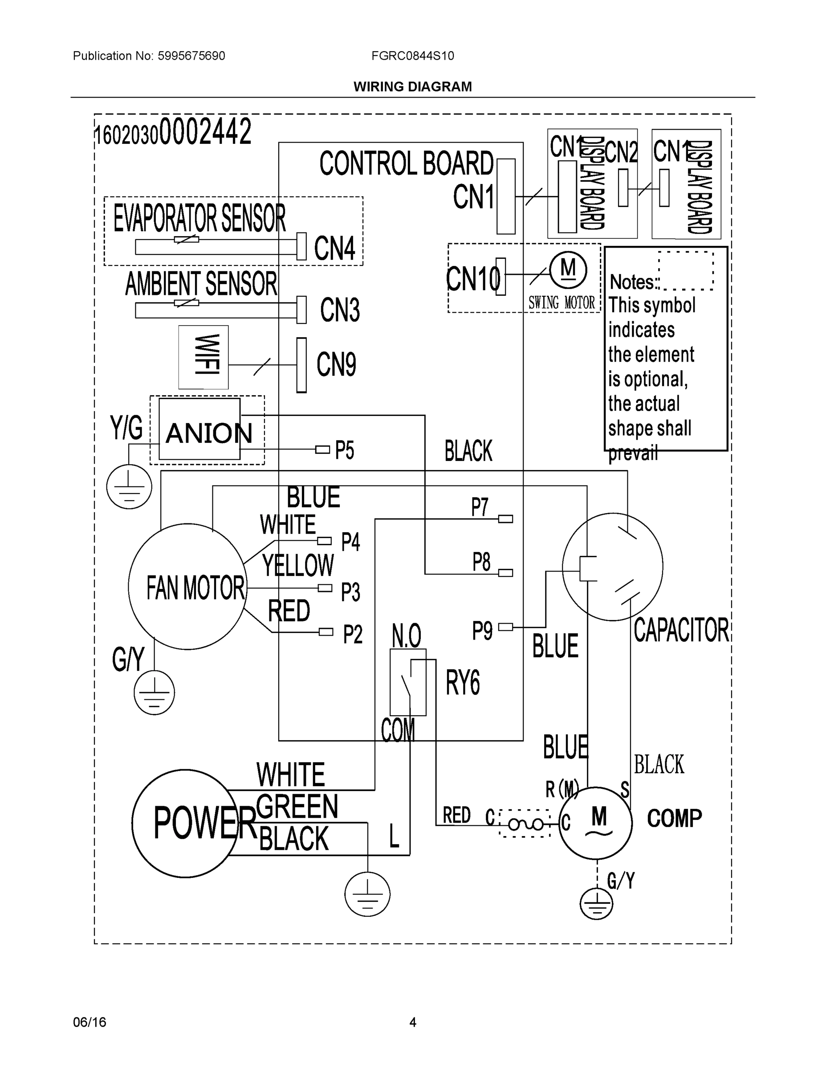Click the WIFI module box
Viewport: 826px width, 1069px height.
(x=203, y=357)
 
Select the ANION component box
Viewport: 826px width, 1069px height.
(x=199, y=429)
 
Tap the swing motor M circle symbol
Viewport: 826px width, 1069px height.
(x=568, y=269)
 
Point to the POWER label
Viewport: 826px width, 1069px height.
(x=204, y=823)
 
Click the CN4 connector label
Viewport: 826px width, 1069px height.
(x=335, y=248)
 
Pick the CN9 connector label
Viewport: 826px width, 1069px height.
(x=336, y=364)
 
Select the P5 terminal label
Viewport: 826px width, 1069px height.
(x=345, y=450)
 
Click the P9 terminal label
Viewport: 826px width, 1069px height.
(x=482, y=631)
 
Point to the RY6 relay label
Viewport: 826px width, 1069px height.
(x=462, y=682)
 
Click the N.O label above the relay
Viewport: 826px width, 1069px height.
(x=406, y=636)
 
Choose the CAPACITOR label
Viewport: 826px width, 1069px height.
(x=681, y=630)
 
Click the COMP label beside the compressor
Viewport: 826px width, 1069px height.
(x=674, y=818)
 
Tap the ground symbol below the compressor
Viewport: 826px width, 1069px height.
(x=596, y=904)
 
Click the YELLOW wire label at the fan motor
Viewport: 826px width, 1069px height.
(x=298, y=566)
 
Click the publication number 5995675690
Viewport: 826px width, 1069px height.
(x=191, y=56)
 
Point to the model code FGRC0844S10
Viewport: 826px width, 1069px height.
(x=412, y=56)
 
